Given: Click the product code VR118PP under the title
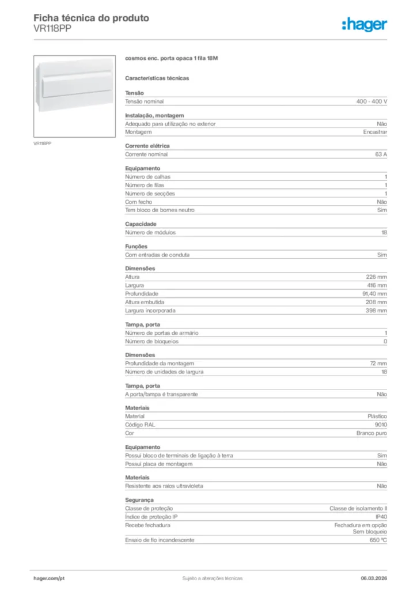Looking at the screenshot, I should pos(53,29).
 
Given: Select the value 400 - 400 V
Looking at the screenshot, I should pos(371,101).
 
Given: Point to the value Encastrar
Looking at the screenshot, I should pos(375,132).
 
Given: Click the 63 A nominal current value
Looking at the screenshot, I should pos(381,154).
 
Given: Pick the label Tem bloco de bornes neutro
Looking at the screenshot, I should pos(160,210).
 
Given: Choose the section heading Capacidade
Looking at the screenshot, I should pos(141,224).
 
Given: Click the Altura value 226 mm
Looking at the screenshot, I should pos(377,277).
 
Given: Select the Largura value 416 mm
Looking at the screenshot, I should pos(377,285).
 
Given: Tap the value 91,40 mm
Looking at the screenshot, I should pos(374,293).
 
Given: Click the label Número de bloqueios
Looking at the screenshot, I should pos(152,341).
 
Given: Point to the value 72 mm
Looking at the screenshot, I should pos(378,364).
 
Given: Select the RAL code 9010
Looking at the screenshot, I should pos(381,424).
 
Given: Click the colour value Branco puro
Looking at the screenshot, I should pos(371,433).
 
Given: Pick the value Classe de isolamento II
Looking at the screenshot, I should pos(358,509).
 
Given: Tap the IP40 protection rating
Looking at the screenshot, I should pos(381,517).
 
